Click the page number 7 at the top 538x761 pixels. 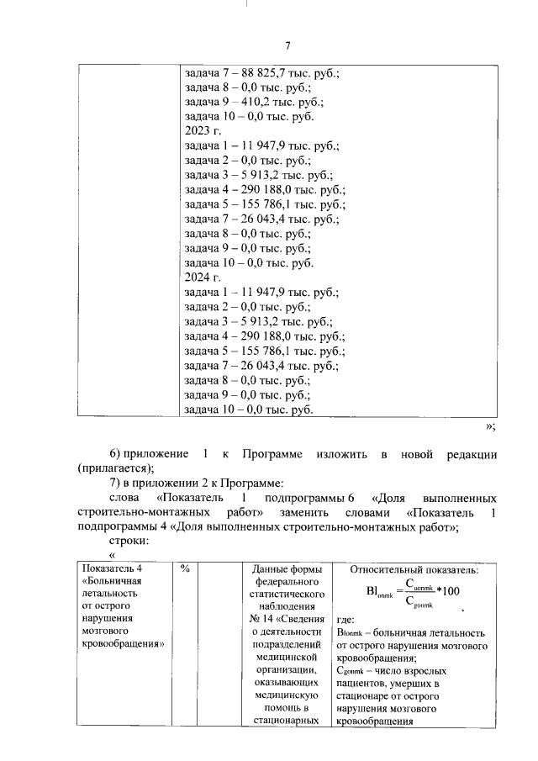click(287, 45)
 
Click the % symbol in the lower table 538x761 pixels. click(186, 569)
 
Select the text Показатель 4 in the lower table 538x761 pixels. click(107, 569)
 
